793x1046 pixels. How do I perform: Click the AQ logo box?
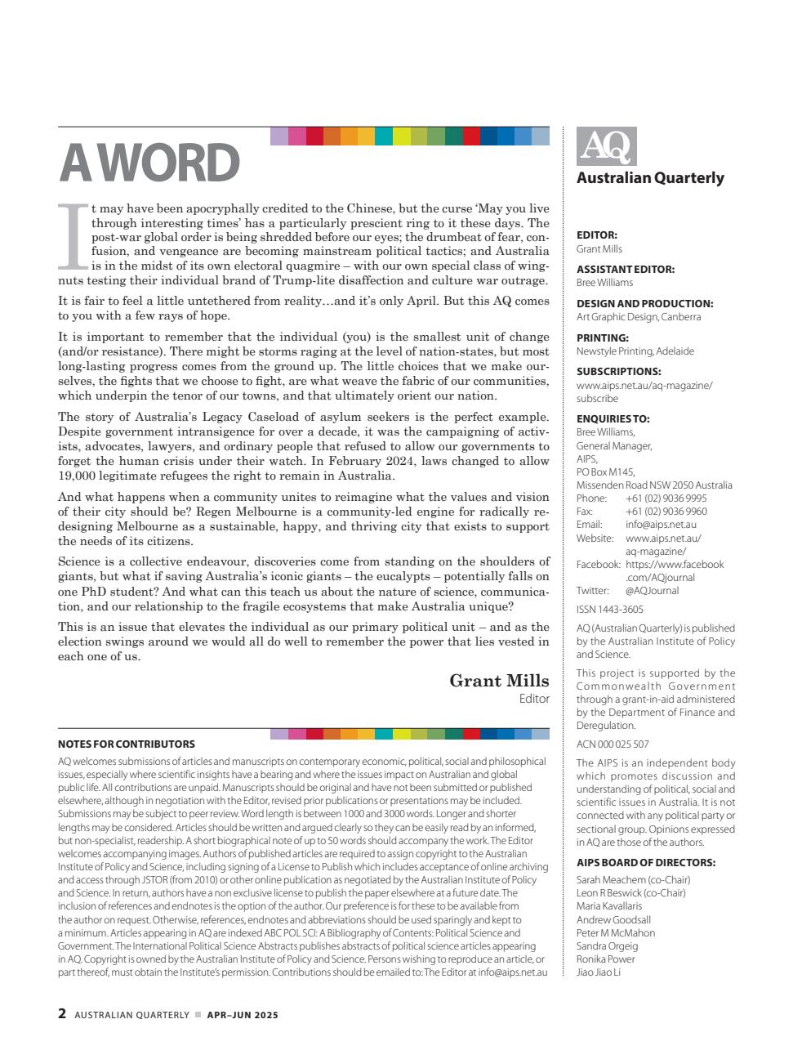[606, 147]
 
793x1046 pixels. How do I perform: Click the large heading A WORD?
[149, 163]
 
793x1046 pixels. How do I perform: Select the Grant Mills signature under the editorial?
[499, 681]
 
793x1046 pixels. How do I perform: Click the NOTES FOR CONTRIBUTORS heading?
[127, 744]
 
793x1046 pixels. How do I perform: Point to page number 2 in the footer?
[62, 1014]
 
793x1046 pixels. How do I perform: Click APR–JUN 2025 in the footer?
[243, 1015]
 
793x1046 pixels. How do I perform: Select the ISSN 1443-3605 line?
[609, 610]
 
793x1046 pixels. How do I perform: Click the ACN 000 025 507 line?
[613, 744]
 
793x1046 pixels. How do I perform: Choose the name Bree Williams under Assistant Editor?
[604, 283]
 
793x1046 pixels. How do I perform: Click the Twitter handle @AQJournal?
[652, 591]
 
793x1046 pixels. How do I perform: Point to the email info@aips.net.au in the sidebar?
[661, 525]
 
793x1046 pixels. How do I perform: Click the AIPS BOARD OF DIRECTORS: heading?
[645, 863]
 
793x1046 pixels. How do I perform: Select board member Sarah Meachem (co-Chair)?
[633, 880]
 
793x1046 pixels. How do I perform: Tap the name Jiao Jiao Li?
[599, 972]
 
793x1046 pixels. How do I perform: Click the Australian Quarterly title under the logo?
[650, 178]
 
